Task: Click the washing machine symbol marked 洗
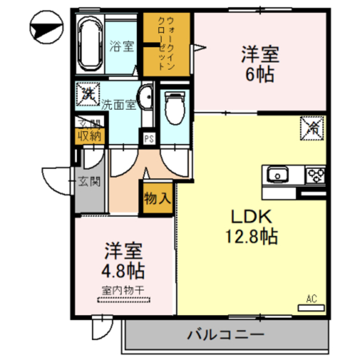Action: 88,93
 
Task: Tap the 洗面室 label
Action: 119,105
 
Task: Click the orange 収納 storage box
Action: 89,135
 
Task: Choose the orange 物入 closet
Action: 156,199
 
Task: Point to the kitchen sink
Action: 277,175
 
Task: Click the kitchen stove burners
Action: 315,175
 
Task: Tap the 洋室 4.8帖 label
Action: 124,260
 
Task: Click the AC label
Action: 312,299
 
